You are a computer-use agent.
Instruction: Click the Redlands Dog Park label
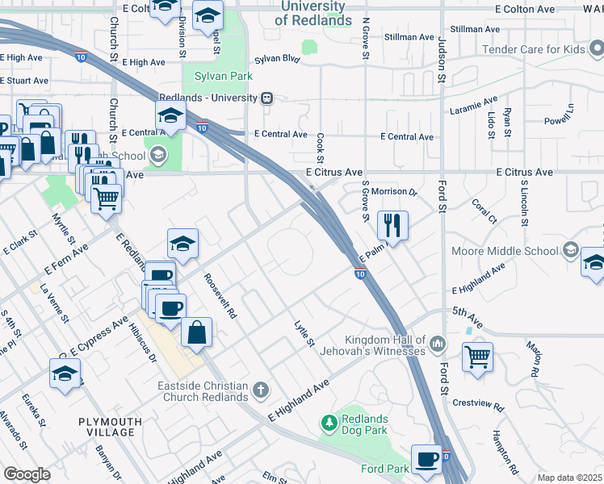(x=364, y=424)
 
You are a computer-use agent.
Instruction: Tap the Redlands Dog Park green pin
(x=329, y=422)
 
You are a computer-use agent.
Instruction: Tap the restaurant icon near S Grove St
(x=392, y=225)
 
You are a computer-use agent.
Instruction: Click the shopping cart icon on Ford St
(x=477, y=355)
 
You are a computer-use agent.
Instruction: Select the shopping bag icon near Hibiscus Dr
(x=196, y=332)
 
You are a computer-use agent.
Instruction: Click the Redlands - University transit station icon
(x=266, y=98)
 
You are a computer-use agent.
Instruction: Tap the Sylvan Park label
(x=224, y=77)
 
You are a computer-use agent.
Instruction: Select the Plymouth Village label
(x=111, y=427)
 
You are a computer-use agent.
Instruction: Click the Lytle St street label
(x=304, y=333)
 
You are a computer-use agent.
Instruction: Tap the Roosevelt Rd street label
(x=220, y=296)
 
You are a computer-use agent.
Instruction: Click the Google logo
(x=27, y=474)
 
